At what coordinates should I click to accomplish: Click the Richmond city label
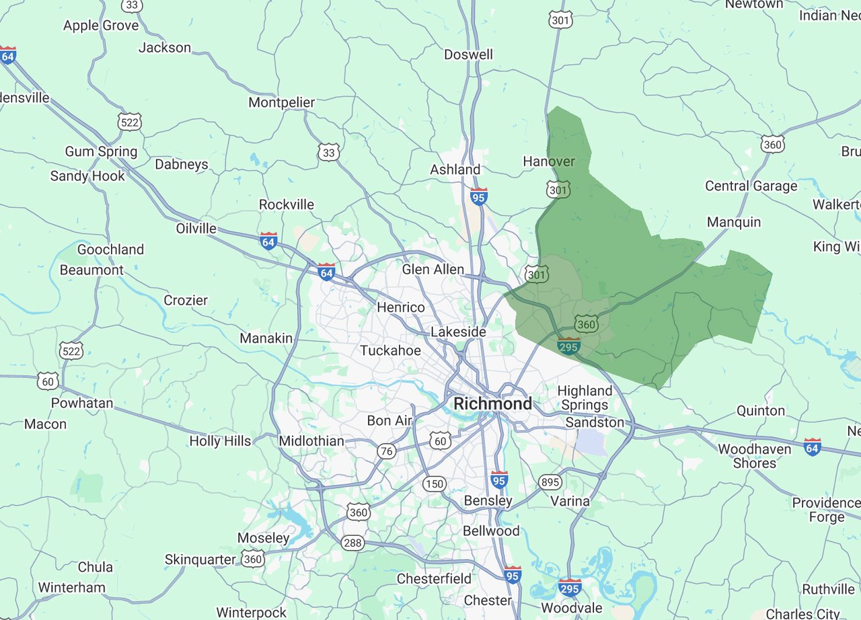coord(492,403)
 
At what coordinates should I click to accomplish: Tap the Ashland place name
coord(455,169)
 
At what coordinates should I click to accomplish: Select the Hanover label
coord(549,161)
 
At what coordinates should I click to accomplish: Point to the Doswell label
coord(468,54)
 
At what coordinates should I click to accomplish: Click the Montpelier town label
coord(281,102)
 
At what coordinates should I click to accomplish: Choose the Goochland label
coord(110,249)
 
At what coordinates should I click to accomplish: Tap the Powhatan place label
coord(82,403)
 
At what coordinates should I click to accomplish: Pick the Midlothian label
coord(311,441)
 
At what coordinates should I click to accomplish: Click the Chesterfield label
coord(434,578)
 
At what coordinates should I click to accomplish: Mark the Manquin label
coord(734,222)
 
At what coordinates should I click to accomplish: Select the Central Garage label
coord(751,186)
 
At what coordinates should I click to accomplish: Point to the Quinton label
coord(760,410)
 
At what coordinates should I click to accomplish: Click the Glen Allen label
coord(433,269)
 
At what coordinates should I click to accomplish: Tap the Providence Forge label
coord(826,510)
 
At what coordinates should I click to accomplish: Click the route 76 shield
coord(386,451)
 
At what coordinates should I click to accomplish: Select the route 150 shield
coord(434,483)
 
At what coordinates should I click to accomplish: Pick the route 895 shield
coord(550,482)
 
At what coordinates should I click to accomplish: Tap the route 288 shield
coord(352,542)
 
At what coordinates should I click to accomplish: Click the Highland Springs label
coord(585,397)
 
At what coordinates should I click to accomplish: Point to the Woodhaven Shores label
coord(754,456)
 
